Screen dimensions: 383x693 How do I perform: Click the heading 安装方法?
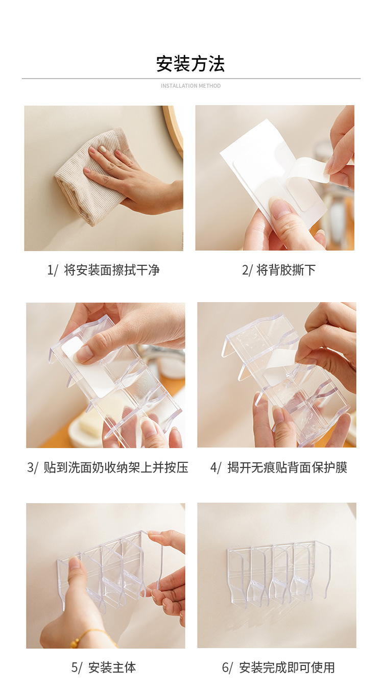[x=190, y=64]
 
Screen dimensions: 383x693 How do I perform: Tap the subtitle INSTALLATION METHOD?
[x=190, y=86]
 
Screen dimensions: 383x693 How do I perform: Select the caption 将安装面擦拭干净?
[x=112, y=270]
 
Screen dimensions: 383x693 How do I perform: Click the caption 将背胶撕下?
[x=286, y=270]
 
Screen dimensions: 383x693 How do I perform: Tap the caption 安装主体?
[x=112, y=667]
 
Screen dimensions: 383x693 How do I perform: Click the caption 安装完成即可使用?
[x=287, y=667]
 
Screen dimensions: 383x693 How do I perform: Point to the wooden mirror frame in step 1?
[x=175, y=130]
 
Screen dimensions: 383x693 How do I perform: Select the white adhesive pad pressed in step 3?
[x=88, y=366]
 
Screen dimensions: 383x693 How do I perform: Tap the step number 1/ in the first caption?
[x=52, y=270]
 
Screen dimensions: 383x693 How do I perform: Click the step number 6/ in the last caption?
[x=227, y=667]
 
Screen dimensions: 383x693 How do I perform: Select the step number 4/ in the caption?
[x=216, y=467]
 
